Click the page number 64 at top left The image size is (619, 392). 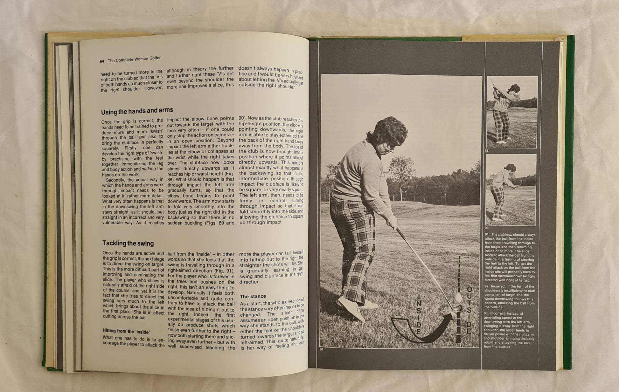click(102, 61)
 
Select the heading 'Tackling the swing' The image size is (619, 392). click(128, 243)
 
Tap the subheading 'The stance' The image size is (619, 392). click(253, 296)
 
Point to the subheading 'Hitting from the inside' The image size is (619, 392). click(126, 331)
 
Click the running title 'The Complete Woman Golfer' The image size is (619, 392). click(134, 59)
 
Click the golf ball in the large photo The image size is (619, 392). click(458, 298)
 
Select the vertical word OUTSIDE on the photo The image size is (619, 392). click(469, 310)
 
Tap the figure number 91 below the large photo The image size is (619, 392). click(322, 350)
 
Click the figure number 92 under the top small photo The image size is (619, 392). click(487, 151)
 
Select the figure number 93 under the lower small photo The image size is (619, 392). click(487, 228)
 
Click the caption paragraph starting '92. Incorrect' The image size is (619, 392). click(509, 297)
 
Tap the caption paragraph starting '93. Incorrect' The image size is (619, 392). click(509, 330)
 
